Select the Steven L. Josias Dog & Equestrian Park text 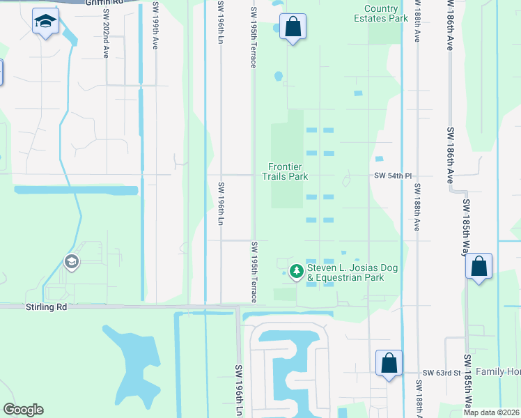345,272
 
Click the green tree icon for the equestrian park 297,270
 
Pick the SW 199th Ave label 155,28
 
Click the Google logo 24,410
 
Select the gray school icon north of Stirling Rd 70,262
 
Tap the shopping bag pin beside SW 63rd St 389,363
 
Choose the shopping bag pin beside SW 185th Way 479,266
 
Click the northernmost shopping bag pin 293,28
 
